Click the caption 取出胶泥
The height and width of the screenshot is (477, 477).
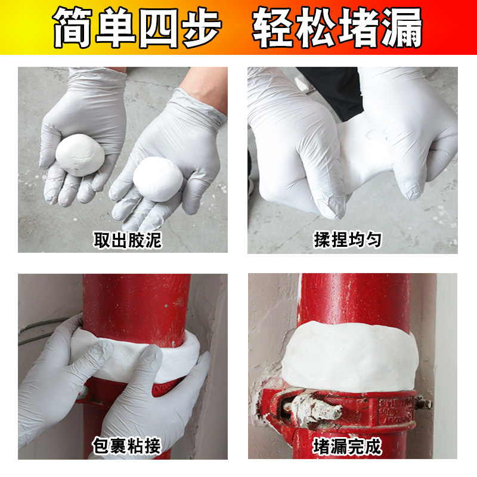pos(128,240)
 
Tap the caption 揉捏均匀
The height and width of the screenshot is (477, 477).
pos(348,240)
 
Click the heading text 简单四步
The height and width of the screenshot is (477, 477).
pos(137,27)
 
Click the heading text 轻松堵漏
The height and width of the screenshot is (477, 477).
pos(337,27)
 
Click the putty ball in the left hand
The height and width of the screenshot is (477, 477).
pos(80,154)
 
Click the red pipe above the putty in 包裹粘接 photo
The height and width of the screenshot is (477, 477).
pos(137,304)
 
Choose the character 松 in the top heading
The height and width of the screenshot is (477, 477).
pos(316,27)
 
